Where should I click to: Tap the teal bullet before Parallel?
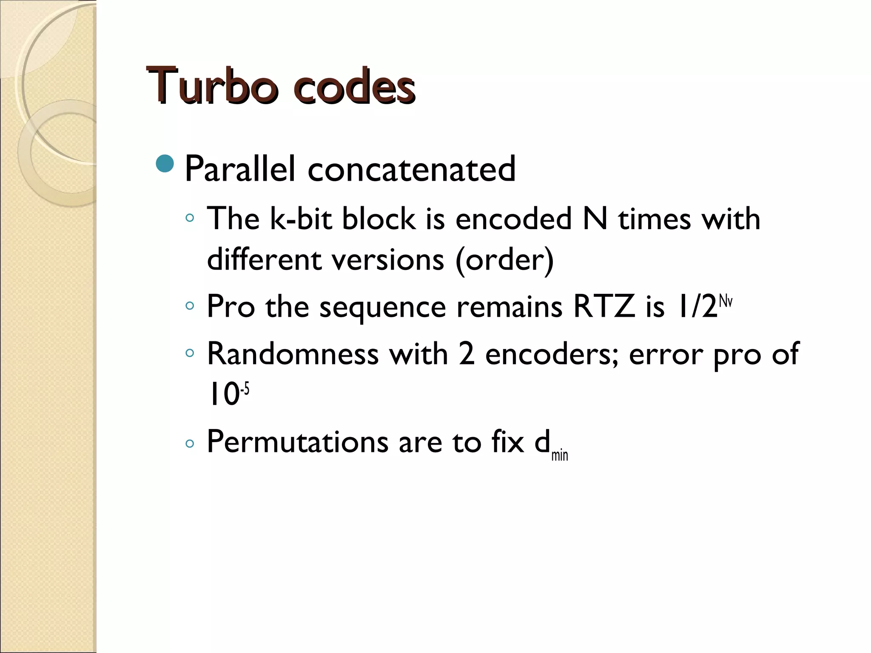click(165, 164)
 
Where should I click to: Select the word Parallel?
click(240, 169)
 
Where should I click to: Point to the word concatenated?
click(411, 169)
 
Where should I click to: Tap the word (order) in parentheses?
click(504, 260)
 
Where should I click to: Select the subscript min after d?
click(559, 455)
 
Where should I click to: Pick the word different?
click(264, 260)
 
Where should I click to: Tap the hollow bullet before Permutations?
click(190, 444)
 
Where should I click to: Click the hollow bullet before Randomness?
click(190, 352)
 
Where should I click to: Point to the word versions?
click(388, 260)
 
